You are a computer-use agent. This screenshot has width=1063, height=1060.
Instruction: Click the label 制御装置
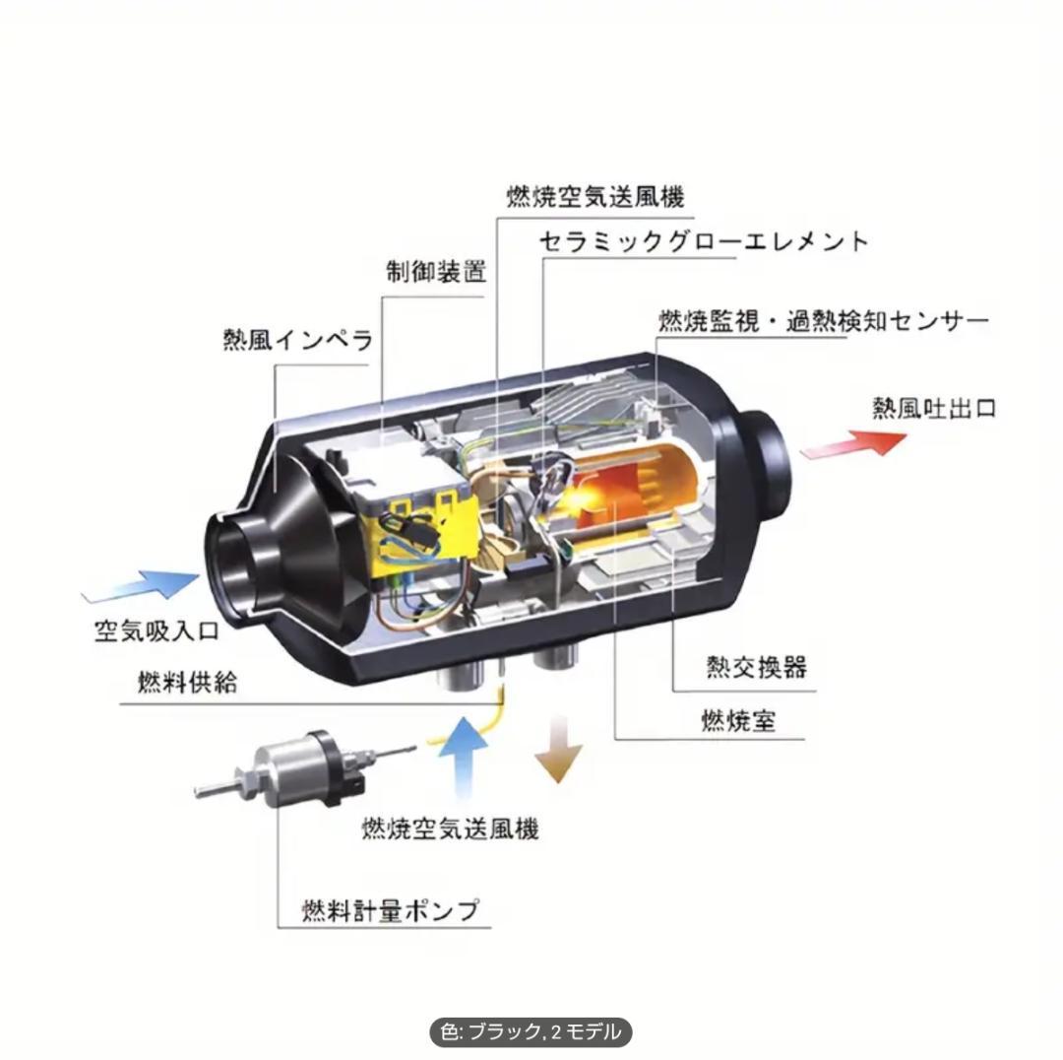435,273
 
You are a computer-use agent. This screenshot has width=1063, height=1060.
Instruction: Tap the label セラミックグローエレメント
704,241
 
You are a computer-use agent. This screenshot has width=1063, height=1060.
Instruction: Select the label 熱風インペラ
297,341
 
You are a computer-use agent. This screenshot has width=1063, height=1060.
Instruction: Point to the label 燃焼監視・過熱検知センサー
823,321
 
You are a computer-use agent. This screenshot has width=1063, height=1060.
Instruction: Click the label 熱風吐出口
933,408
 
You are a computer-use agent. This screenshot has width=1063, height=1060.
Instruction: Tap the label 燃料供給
187,683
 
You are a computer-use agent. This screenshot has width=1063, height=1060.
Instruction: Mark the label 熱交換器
756,667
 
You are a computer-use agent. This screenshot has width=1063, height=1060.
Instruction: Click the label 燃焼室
738,721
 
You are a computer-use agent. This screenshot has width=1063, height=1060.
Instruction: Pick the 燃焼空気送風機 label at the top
594,195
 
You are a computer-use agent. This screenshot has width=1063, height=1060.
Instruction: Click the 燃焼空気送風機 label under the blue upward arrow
450,828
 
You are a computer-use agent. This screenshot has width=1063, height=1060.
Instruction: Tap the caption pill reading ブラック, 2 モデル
531,1032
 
